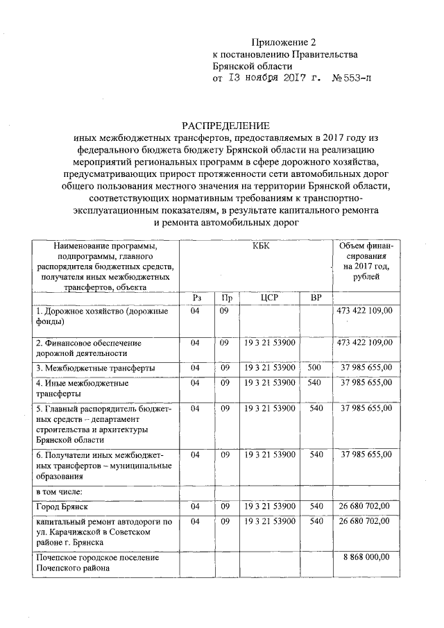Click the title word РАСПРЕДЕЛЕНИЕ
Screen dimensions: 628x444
tap(225, 126)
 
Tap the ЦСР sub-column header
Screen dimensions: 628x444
tap(269, 297)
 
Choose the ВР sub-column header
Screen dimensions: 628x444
tap(316, 297)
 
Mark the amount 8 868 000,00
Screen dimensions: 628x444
tap(366, 557)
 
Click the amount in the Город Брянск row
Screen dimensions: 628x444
tap(366, 507)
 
